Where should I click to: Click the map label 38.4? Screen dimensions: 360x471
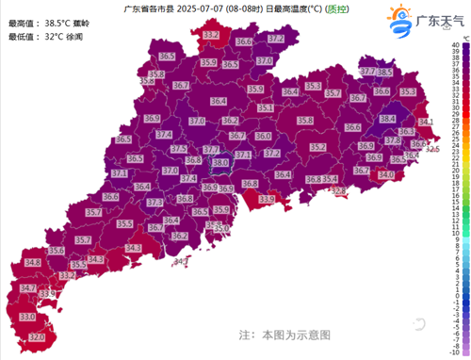tap(387, 120)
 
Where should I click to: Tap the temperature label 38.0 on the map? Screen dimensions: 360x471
tap(220, 163)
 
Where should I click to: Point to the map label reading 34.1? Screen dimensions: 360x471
tap(425, 123)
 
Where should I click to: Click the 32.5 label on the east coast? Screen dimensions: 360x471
tap(432, 149)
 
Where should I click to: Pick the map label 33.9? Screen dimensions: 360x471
tap(267, 200)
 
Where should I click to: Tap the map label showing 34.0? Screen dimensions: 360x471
tap(386, 174)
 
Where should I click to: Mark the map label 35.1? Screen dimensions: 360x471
tap(266, 108)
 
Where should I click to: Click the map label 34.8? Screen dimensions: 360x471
tap(33, 263)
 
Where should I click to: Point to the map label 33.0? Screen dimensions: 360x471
tap(27, 318)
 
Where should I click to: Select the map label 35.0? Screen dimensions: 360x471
tap(221, 228)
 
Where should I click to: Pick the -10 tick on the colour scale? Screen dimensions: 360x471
tap(455, 353)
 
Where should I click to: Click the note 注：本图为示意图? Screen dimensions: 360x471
tap(284, 334)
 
